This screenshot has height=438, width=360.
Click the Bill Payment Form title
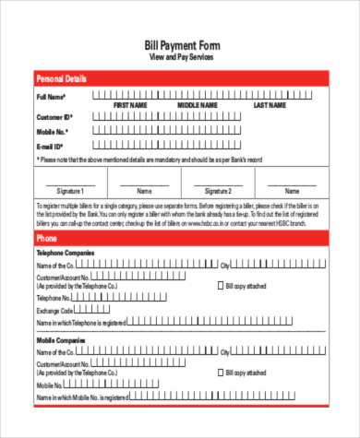tap(182, 45)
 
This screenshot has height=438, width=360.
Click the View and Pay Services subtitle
tap(182, 57)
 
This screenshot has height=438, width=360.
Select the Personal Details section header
tap(62, 79)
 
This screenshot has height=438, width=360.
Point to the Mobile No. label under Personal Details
tap(53, 132)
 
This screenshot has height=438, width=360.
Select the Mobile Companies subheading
tap(61, 340)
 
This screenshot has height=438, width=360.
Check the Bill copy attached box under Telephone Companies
tap(221, 286)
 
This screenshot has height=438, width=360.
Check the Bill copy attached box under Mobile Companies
tap(221, 373)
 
